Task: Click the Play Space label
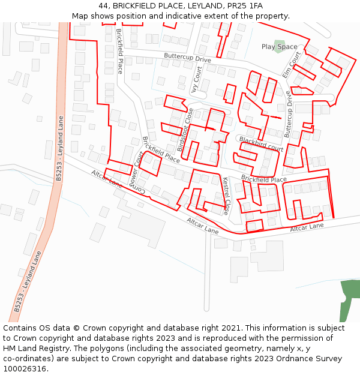coord(279,47)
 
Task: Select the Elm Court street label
coord(292,65)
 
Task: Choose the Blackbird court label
coord(261,143)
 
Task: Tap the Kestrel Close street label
coord(226,196)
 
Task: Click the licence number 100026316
coord(25,369)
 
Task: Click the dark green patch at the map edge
coord(348,300)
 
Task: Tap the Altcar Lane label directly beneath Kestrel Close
coord(203,226)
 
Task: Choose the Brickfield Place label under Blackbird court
coord(264,179)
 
